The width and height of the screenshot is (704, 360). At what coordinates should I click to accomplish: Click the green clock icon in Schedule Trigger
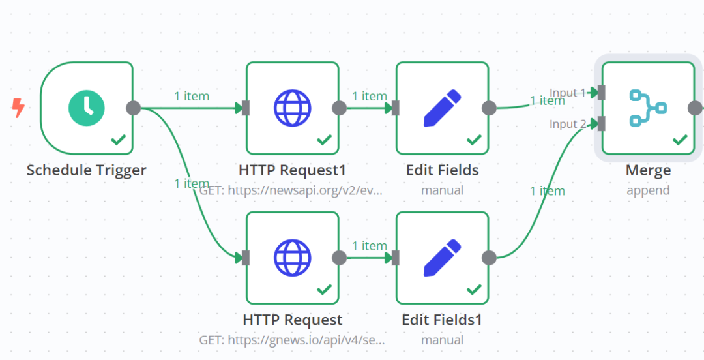87,108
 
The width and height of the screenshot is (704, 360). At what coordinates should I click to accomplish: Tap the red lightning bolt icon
18,108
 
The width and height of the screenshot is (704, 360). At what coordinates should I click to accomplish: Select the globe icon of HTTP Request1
292,108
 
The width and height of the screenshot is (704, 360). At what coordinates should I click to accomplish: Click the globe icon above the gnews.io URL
292,258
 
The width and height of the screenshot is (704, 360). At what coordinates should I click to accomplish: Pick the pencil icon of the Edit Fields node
442,108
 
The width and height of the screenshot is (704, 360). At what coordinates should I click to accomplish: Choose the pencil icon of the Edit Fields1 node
442,258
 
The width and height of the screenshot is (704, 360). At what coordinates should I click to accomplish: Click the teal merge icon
648,108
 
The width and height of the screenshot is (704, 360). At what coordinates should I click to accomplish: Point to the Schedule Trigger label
87,170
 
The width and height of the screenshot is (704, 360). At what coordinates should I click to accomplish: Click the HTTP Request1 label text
293,170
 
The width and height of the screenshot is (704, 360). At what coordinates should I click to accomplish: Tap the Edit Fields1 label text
442,320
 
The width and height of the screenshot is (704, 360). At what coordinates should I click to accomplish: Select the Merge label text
648,171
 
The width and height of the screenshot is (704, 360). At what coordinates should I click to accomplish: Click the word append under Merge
648,190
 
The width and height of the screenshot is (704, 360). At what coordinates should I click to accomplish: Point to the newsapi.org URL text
292,190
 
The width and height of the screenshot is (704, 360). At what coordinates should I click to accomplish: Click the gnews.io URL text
292,340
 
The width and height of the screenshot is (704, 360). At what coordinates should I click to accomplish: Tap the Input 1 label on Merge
568,93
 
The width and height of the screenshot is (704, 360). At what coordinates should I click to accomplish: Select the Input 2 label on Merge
568,124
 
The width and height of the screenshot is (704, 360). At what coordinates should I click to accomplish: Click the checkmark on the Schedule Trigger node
119,140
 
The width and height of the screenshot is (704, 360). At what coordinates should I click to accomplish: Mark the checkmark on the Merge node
680,140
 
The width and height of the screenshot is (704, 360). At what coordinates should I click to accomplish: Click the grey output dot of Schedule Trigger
134,108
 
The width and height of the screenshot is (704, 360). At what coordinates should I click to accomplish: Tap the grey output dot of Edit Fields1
489,258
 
